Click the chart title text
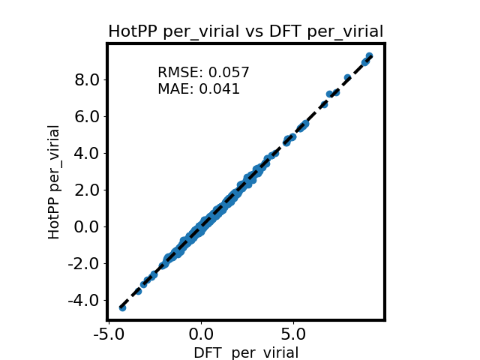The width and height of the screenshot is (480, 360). pos(246,31)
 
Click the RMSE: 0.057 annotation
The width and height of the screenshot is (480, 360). pos(203,73)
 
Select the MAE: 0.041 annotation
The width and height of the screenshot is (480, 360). pos(199,89)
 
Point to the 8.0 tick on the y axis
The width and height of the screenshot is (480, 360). pos(87,80)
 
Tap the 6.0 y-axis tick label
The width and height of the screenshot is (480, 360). pos(87,117)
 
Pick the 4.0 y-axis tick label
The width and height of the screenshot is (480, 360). pos(87,154)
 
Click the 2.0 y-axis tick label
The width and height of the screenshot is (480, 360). pos(87,190)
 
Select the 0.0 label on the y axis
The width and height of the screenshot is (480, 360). pos(87,227)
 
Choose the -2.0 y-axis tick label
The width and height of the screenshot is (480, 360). pos(83,264)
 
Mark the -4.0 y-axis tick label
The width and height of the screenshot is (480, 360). pos(83,301)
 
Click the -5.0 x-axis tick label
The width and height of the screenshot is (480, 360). pos(109,334)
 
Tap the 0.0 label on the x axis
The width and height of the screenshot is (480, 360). pos(201,334)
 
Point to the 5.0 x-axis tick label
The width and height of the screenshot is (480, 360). pos(293,334)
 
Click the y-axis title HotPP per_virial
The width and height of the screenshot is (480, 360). pos(54,182)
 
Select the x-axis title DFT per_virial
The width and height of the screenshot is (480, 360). pos(246,352)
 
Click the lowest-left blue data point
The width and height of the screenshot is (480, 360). pos(122,307)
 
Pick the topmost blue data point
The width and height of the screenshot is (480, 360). pos(369,56)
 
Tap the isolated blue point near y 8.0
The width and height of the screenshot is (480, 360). pos(347,77)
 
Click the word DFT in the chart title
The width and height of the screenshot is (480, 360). pos(286,31)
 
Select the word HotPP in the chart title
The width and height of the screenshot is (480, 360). pos(133,31)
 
